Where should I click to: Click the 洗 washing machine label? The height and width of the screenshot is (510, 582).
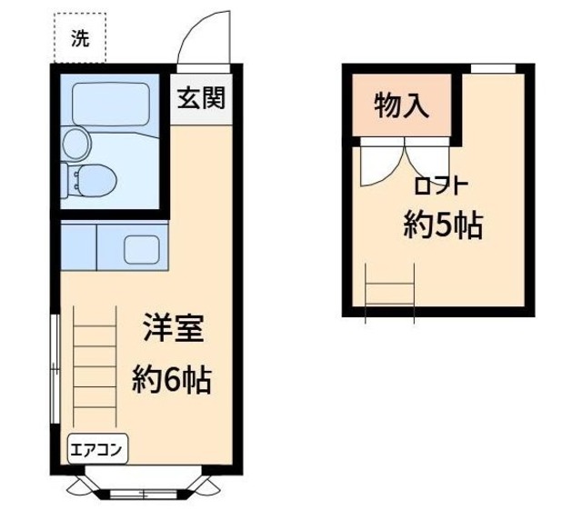point(80,39)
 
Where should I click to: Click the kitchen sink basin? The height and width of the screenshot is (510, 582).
point(141,248)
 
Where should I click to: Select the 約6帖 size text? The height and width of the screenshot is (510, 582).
point(172,378)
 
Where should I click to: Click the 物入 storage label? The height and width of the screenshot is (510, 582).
point(402,105)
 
